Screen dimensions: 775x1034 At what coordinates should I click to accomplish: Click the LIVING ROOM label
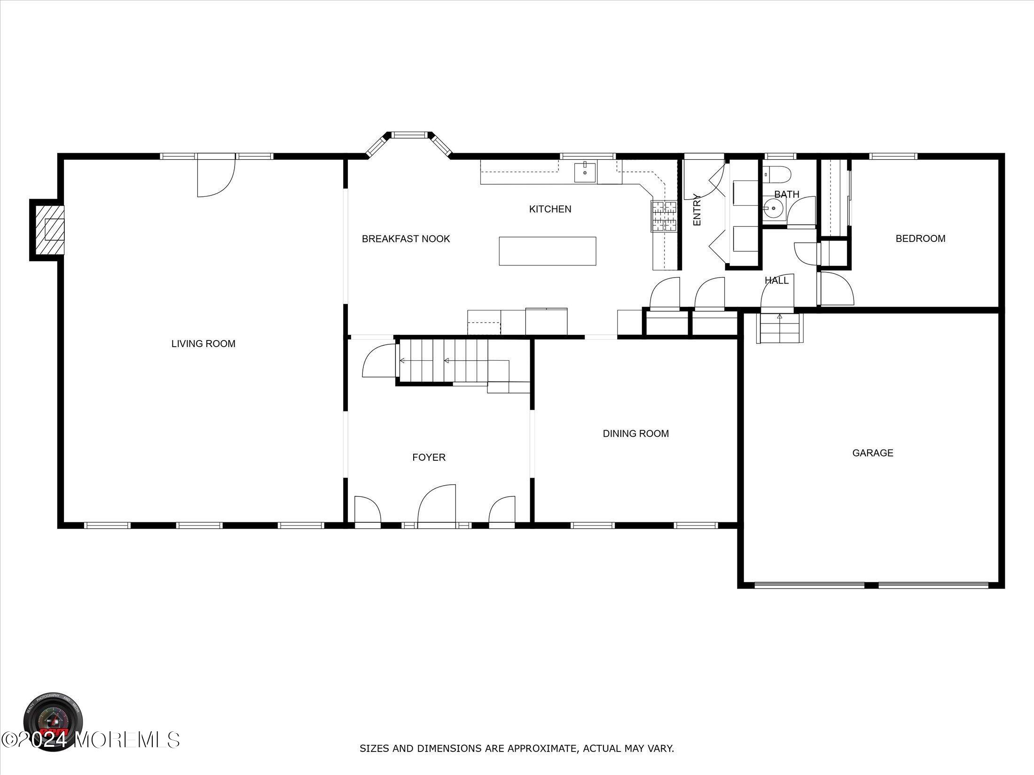click(x=203, y=344)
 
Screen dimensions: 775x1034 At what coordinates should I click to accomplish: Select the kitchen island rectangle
click(x=548, y=251)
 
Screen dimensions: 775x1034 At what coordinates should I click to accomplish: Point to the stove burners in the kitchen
click(x=664, y=217)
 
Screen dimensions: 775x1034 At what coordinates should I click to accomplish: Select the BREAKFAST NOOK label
click(x=406, y=239)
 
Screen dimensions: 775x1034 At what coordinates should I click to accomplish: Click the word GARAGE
click(x=872, y=453)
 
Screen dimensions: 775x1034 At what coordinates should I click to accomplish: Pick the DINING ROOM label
click(x=635, y=434)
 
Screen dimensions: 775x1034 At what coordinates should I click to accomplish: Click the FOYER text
click(x=429, y=457)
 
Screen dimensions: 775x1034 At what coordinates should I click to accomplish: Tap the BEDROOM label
click(x=920, y=239)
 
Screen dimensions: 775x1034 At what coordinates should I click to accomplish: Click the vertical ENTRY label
click(x=697, y=210)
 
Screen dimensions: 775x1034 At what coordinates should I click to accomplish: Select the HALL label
click(x=776, y=281)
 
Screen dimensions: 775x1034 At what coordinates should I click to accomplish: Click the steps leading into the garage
click(x=780, y=328)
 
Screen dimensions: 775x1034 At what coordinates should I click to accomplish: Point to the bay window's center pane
click(x=409, y=135)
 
